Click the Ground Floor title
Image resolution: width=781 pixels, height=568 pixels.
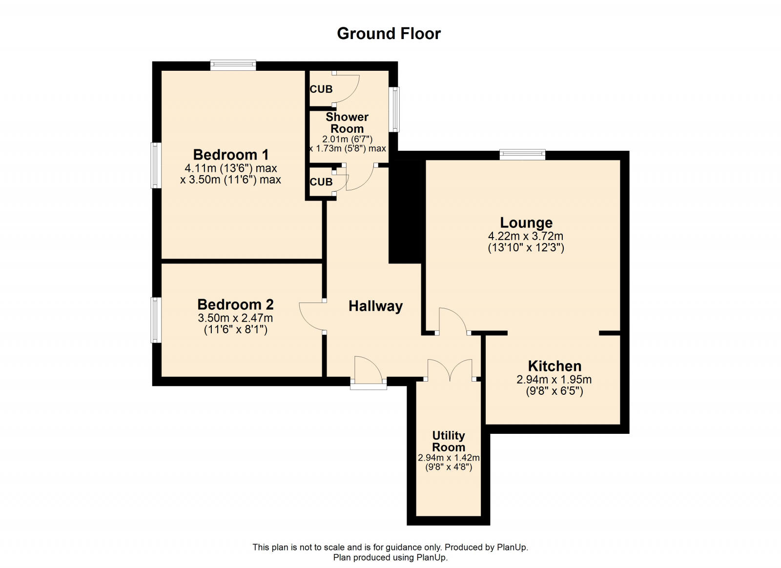point(389,33)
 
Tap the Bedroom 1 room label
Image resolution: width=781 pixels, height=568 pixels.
point(230,155)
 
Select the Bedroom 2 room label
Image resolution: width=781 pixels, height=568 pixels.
point(235,304)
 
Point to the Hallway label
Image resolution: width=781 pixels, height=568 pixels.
point(375,306)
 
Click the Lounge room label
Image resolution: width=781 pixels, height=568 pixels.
point(526,223)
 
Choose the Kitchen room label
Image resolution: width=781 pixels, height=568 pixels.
point(554,366)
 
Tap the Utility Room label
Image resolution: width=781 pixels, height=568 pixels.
point(448,441)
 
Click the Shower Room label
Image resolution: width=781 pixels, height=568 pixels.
point(347,122)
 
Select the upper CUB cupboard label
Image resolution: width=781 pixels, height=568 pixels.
point(321,89)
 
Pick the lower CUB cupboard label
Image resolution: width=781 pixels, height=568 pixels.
point(321,182)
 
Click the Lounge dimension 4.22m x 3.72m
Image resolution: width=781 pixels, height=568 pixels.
point(526,236)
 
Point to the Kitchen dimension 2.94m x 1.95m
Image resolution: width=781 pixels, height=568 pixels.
point(554,380)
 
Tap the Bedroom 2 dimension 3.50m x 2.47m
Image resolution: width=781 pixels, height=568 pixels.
point(235,318)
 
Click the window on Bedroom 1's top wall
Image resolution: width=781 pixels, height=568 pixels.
point(233,65)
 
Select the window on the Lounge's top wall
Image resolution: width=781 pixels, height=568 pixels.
point(522,155)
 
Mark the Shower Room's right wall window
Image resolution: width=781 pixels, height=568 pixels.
point(394,109)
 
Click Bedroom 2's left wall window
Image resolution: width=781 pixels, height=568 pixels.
point(156,320)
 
